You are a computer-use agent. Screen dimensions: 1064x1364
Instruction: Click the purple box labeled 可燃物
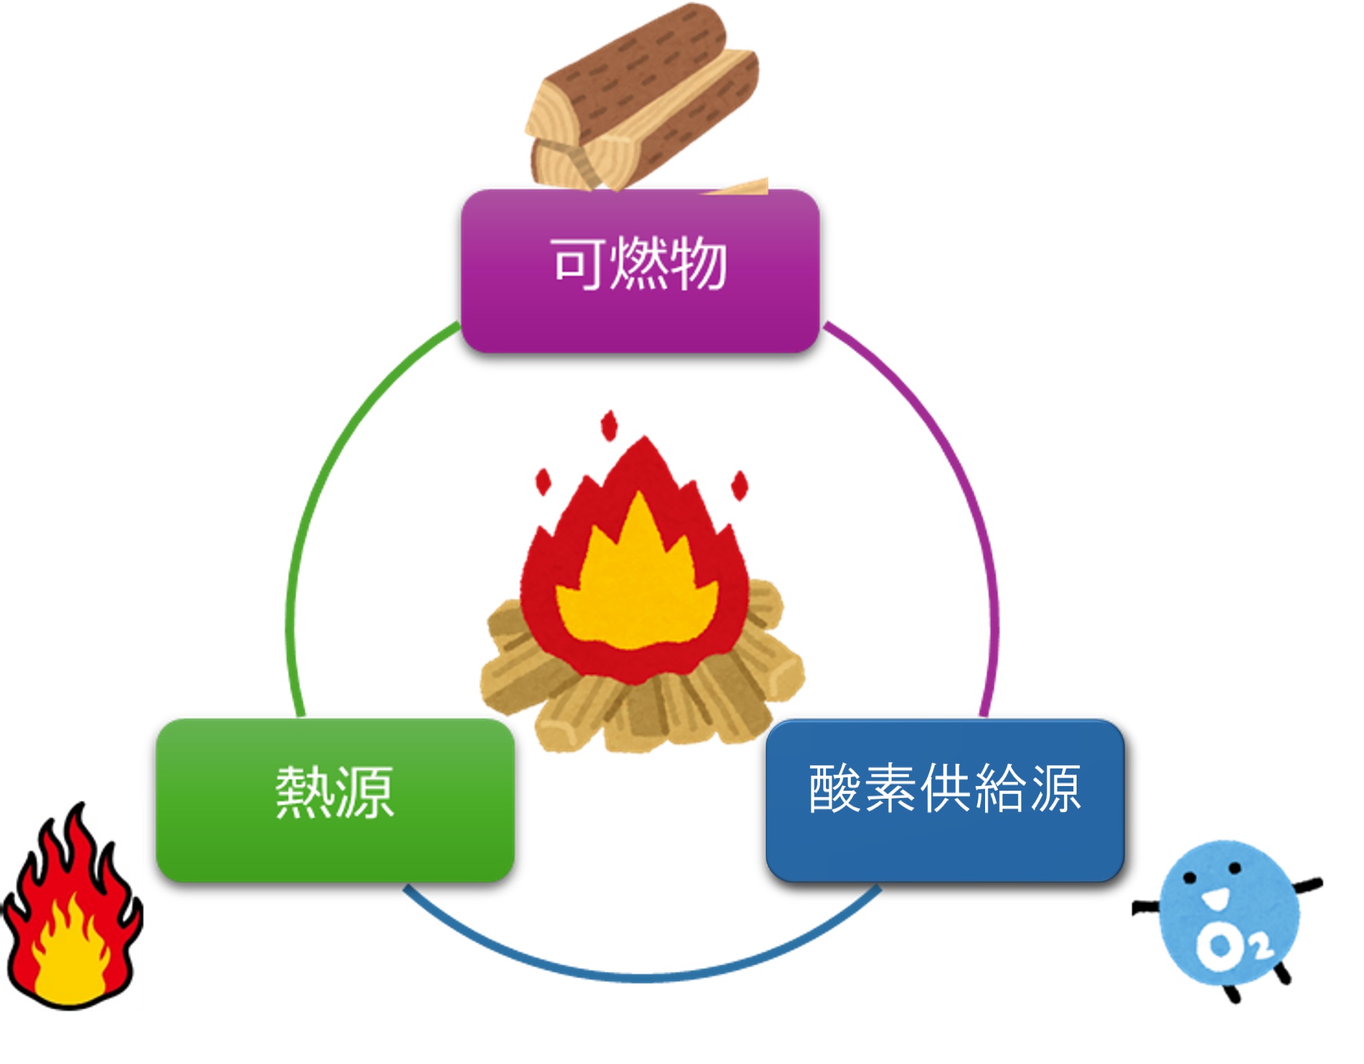pos(640,314)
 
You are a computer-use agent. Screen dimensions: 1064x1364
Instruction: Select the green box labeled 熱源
pos(335,849)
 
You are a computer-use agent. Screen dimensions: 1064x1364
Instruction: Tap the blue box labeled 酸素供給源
pos(945,849)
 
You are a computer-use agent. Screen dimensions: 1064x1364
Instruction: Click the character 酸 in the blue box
pos(835,789)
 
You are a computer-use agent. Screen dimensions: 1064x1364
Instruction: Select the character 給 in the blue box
pos(1000,789)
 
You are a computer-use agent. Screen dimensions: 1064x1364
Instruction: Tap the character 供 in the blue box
pos(946,789)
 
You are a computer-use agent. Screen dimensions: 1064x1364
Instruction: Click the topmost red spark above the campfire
pos(609,426)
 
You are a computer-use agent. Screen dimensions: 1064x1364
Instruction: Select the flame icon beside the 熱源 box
pos(72,916)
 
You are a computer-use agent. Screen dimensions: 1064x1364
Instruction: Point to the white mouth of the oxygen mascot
pos(1214,898)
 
